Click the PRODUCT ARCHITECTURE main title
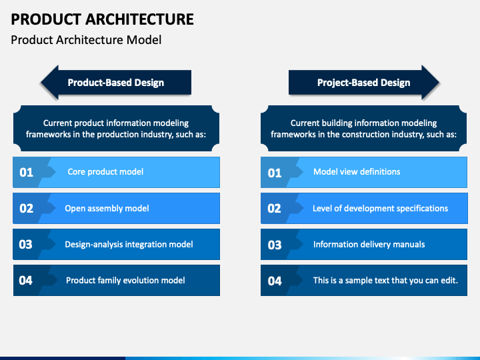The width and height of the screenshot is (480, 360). pos(102,19)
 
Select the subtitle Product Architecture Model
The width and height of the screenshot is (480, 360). pos(86,40)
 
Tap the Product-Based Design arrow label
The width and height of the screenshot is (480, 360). pos(116,83)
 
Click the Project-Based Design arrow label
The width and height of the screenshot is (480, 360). pos(364,83)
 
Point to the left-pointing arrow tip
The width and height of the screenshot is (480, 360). pos(41,83)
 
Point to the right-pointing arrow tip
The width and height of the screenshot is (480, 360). pos(439,83)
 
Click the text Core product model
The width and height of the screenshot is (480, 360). pos(105,172)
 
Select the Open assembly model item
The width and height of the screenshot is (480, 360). pos(107,209)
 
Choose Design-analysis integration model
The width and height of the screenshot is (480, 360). pos(129,244)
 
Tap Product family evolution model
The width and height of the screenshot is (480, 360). pos(125,281)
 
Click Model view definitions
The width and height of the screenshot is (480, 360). pos(357,172)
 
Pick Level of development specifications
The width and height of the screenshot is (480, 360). pos(380,209)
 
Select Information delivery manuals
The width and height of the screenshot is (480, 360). pos(369,244)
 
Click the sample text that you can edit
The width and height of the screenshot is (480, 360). pos(385,281)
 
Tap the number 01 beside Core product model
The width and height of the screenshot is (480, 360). pos(26,173)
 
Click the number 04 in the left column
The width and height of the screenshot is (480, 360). pos(26,281)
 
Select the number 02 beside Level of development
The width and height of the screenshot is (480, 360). pos(274,209)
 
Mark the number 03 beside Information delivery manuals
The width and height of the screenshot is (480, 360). pos(275,245)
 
